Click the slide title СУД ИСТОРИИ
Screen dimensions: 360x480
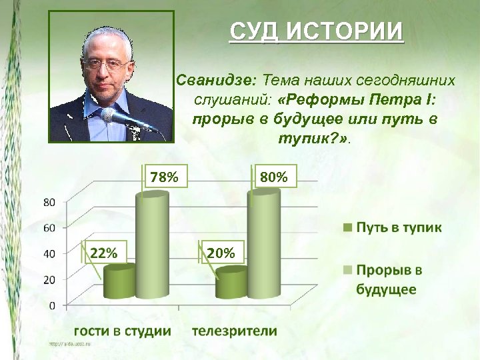317,31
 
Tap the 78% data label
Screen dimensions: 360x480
164,177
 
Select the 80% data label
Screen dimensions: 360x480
274,177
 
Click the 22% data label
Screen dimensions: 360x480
103,253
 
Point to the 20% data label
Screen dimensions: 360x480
221,253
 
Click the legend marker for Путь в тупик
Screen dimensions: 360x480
347,228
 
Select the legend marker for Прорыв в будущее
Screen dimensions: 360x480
347,270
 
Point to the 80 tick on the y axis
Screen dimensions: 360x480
49,202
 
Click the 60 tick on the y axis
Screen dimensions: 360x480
49,228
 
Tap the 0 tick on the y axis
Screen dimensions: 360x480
52,305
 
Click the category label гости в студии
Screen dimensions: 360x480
122,331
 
